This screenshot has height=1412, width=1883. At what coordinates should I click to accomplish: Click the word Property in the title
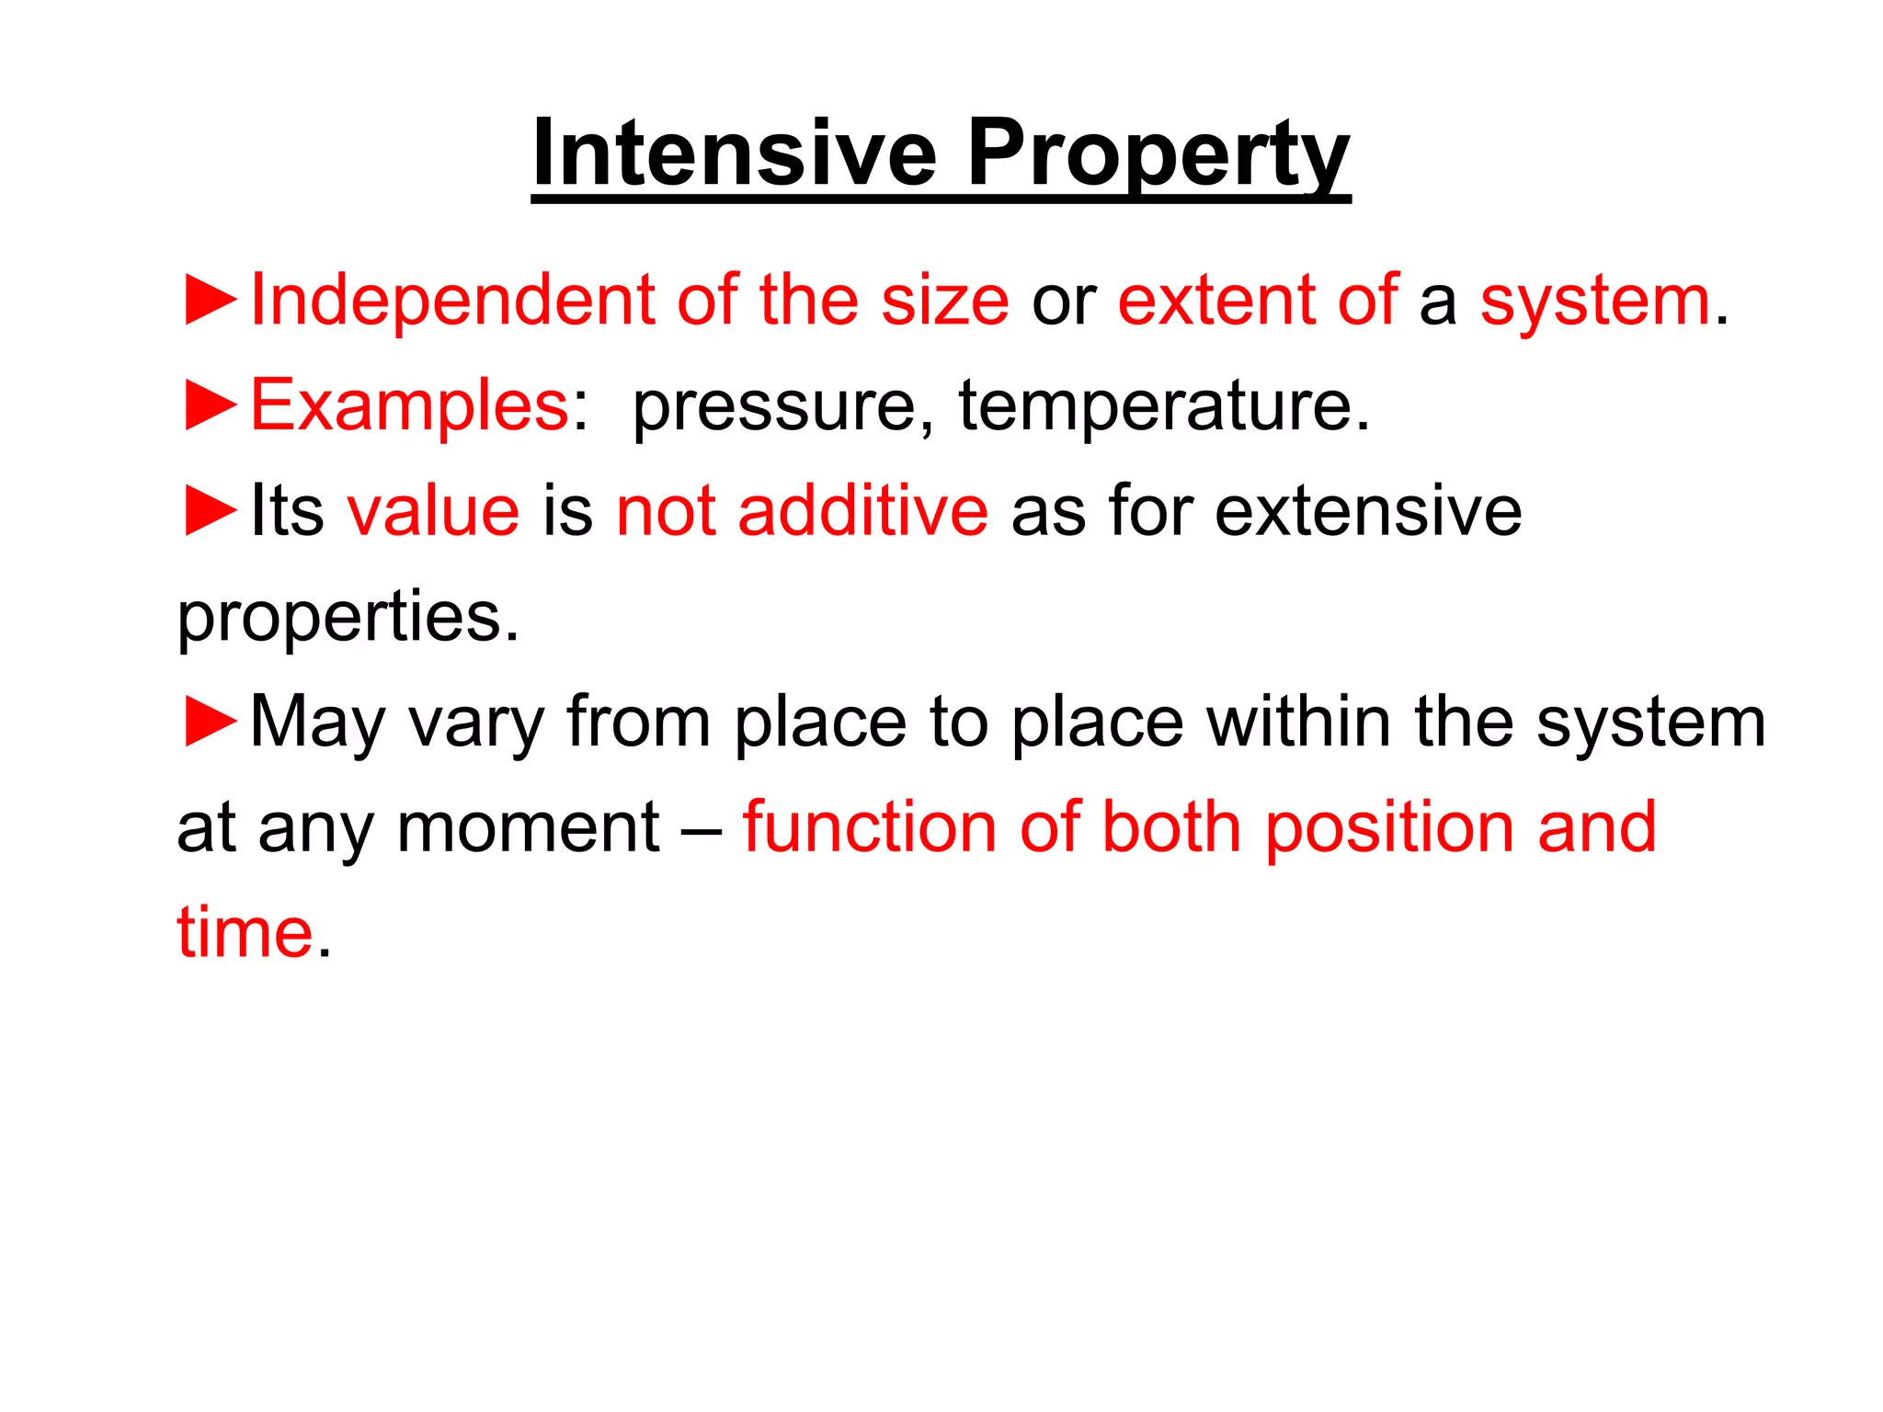point(1158,154)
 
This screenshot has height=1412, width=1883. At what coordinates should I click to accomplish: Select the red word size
point(944,301)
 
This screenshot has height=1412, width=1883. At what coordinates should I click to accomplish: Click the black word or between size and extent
point(1064,302)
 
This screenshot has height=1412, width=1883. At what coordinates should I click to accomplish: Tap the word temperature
point(1164,405)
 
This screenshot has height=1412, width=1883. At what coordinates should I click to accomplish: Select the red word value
point(433,511)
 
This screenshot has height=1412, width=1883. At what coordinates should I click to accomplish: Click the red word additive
point(862,510)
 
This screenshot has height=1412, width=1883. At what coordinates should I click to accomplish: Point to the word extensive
point(1368,511)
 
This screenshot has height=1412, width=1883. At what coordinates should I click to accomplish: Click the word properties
point(348,618)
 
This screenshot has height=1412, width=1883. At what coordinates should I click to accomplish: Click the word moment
point(528,827)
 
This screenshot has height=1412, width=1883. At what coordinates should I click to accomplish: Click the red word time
point(245,932)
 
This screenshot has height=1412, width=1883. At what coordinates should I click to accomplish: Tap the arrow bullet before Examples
point(211,404)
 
